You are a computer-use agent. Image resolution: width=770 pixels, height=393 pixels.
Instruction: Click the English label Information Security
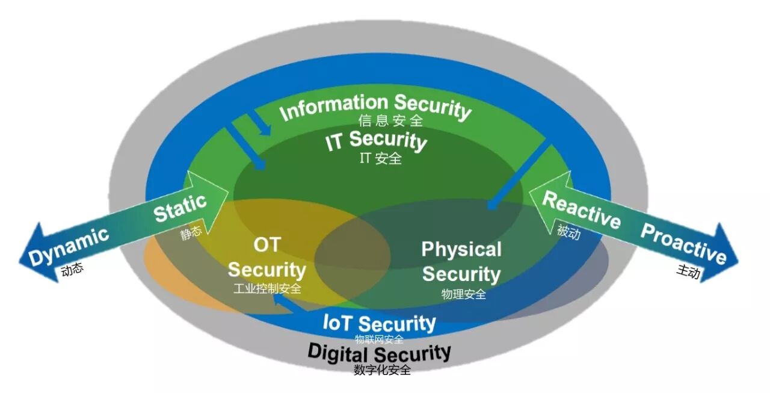click(x=375, y=108)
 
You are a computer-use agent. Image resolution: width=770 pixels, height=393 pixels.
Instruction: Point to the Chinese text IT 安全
click(x=381, y=159)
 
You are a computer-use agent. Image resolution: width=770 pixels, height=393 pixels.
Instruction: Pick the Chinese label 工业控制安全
click(x=267, y=288)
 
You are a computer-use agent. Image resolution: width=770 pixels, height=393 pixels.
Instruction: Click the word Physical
click(x=461, y=249)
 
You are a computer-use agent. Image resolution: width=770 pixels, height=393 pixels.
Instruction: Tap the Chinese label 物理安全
click(x=463, y=294)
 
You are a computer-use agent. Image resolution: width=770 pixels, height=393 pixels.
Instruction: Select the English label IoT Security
click(x=379, y=323)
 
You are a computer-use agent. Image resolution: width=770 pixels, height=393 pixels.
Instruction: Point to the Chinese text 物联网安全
click(x=379, y=339)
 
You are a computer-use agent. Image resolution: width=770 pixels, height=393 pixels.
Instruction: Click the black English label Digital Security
click(x=379, y=352)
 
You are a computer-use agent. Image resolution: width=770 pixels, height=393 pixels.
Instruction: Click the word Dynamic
click(x=70, y=246)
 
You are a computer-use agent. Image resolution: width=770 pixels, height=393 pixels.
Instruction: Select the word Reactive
click(x=581, y=210)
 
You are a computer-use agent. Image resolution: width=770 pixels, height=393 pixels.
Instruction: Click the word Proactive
click(x=683, y=244)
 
